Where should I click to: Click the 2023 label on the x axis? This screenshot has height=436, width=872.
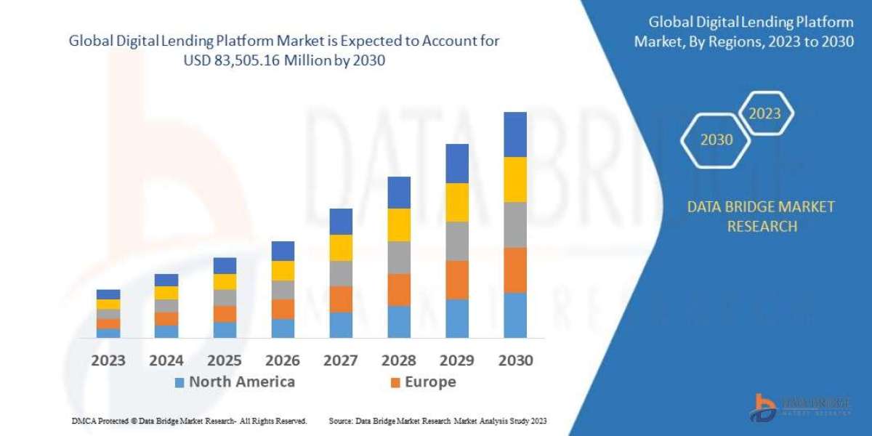108,360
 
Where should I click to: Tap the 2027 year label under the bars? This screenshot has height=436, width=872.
341,360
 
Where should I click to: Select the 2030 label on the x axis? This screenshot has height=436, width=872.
514,360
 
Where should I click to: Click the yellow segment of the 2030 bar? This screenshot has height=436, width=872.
514,179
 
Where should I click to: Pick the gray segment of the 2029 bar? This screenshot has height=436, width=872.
457,241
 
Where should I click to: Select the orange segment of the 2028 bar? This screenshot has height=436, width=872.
399,289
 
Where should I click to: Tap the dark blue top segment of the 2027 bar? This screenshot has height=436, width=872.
341,221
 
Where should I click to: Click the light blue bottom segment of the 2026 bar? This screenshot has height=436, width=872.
283,328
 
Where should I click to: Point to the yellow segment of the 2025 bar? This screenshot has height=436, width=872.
225,281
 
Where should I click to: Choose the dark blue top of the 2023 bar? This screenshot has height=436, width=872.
108,294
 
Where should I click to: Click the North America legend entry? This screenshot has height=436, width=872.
235,382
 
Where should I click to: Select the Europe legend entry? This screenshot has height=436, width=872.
424,382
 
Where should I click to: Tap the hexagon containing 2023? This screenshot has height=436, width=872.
764,113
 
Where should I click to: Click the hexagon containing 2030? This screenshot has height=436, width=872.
716,140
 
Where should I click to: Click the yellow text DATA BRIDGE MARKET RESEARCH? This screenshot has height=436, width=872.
761,217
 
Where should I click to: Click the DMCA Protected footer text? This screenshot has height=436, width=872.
189,421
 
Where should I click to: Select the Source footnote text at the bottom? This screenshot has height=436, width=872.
437,421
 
